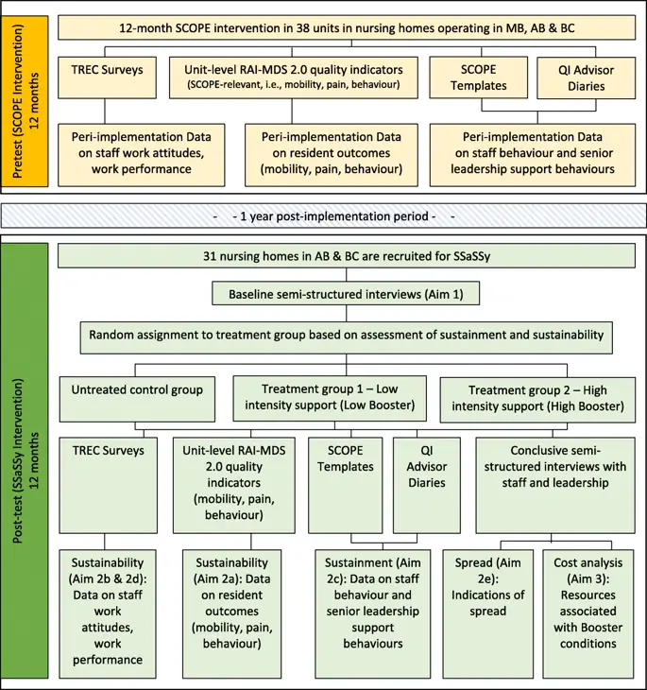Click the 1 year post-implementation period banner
(x=323, y=216)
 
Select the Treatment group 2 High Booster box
(x=536, y=397)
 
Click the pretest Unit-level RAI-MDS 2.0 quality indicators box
(x=293, y=76)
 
